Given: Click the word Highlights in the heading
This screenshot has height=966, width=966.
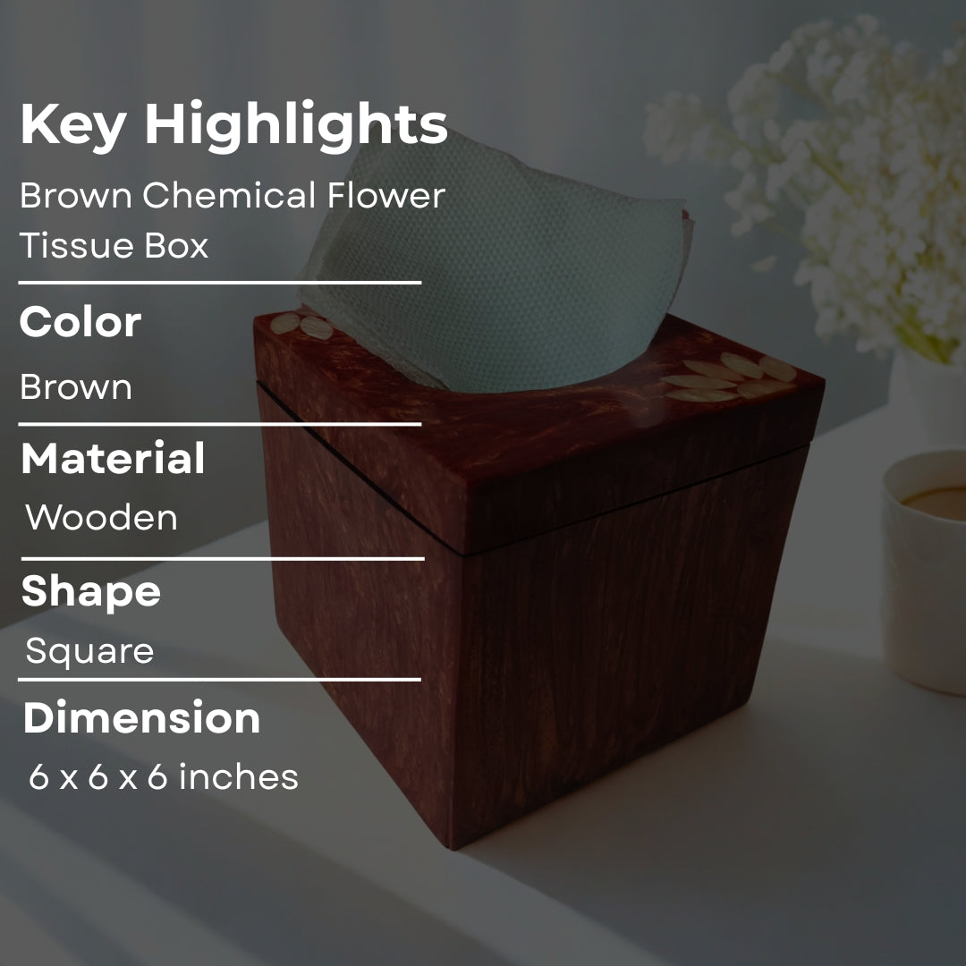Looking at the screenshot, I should point(295,125).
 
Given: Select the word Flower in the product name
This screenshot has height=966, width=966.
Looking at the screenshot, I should point(386,196).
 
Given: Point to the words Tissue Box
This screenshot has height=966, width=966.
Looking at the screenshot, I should point(114,245).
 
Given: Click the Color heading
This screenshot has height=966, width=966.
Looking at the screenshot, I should point(80,322).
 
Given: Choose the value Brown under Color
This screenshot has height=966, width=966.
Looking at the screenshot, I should point(76,387).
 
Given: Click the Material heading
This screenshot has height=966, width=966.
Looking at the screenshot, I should point(113,458).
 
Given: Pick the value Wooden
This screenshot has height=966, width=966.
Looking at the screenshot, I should point(101,518).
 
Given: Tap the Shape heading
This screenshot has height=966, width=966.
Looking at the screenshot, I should point(90,591).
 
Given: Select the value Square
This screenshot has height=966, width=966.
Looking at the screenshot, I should point(89,651).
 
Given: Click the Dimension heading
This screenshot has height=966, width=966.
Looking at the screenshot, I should point(141,718).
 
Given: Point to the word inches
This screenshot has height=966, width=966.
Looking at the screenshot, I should point(239,777).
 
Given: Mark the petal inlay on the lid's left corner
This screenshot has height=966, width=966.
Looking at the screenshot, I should point(304,326).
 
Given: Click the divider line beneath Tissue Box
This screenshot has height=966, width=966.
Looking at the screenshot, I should point(220,283).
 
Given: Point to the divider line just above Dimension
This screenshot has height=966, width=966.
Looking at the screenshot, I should point(220,680).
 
